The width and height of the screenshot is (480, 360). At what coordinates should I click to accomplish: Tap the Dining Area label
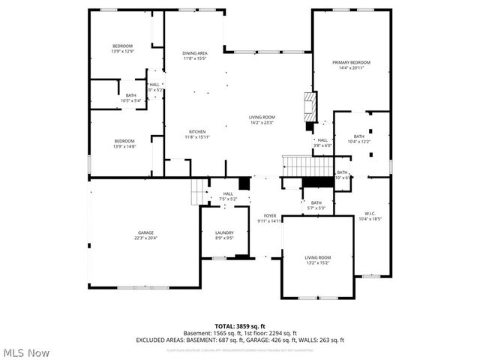[x=195, y=57]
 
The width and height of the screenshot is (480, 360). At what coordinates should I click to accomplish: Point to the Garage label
[x=145, y=235]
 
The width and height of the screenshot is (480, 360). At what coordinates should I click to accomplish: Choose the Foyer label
[x=269, y=218]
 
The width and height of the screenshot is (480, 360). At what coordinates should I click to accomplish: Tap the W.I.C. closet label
[x=370, y=216]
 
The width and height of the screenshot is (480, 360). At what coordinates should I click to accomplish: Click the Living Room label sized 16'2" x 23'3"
[x=262, y=120]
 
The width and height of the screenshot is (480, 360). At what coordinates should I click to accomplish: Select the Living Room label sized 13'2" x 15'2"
[x=318, y=260]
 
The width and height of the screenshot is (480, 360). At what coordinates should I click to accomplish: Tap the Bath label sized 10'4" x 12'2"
[x=358, y=139]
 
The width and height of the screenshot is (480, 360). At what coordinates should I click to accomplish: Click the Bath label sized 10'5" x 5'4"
[x=131, y=97]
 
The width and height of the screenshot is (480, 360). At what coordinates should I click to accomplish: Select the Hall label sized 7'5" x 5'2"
[x=228, y=196]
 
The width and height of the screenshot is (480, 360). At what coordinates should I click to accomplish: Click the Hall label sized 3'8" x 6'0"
[x=322, y=142]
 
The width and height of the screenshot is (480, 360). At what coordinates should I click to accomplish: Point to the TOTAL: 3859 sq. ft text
[x=239, y=325]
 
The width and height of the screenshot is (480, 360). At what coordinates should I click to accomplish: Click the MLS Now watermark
[x=26, y=352]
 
